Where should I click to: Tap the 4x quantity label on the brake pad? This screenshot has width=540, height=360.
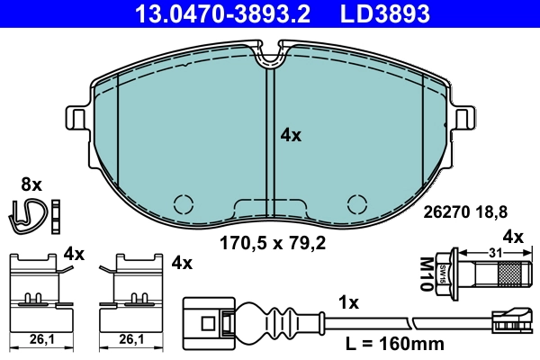tap(291, 135)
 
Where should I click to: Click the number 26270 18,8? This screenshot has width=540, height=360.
tap(466, 212)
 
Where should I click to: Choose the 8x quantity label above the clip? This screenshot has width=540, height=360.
tap(31, 184)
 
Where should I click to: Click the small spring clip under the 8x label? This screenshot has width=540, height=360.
tap(32, 213)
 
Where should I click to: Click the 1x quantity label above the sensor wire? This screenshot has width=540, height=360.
tap(347, 302)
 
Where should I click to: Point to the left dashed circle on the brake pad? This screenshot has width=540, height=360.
tap(184, 203)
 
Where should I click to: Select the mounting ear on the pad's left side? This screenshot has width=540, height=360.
tap(77, 119)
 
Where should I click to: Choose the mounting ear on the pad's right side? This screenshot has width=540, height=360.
tap(464, 119)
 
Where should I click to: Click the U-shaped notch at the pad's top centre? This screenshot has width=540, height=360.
tap(270, 58)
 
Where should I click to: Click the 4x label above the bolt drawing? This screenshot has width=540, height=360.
tap(512, 237)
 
